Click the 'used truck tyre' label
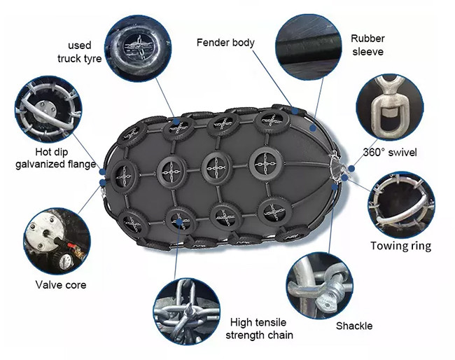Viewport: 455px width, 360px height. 80,52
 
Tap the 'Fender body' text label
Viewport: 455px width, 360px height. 225,43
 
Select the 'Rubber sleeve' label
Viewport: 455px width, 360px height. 367,45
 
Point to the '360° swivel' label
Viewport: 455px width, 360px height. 390,152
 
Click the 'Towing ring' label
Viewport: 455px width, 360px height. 400,246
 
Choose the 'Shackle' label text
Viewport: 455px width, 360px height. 354,326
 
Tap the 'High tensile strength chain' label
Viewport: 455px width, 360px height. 259,328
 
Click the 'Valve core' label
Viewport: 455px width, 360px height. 61,285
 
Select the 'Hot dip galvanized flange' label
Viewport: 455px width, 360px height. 55,158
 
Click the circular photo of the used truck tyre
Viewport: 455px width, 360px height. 138,48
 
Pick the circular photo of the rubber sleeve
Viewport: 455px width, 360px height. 309,47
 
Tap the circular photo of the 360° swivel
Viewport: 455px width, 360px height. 389,107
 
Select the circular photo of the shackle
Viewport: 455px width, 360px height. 320,286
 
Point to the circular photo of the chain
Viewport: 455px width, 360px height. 187,312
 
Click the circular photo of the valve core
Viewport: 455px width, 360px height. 57,241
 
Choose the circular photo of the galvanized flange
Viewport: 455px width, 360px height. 48,109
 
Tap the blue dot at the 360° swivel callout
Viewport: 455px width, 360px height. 351,168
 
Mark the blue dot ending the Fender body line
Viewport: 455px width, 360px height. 295,111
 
